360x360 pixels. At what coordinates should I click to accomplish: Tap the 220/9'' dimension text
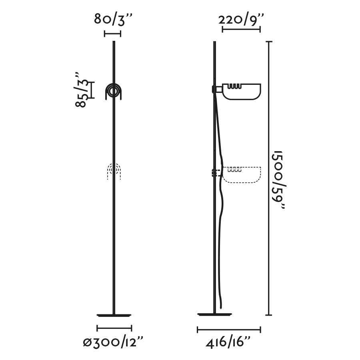click(x=241, y=19)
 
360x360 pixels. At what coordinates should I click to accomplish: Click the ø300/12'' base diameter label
click(x=113, y=342)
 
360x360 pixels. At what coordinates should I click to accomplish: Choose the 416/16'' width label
click(x=228, y=343)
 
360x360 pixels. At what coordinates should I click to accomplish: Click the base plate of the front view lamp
click(x=114, y=315)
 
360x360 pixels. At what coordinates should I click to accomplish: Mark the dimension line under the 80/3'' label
click(x=112, y=34)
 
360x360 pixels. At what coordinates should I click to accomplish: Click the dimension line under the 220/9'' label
click(x=241, y=29)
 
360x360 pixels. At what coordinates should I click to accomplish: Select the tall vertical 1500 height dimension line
click(x=269, y=178)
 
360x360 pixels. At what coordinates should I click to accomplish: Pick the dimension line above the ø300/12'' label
click(x=114, y=328)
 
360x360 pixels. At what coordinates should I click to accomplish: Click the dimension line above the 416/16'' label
click(x=229, y=330)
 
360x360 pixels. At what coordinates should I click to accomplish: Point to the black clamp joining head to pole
click(x=213, y=89)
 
